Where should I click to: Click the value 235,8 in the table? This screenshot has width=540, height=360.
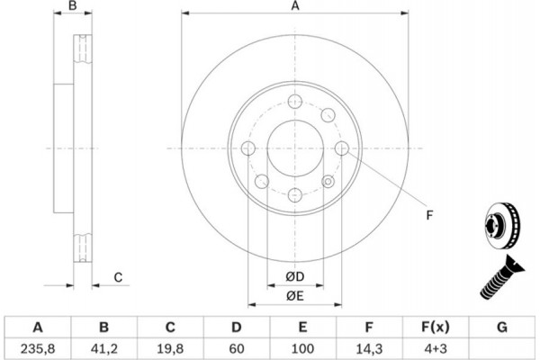(38, 344)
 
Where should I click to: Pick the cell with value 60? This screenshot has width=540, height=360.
(237, 344)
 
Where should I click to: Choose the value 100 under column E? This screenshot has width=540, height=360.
(302, 344)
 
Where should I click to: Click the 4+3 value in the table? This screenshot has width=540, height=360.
(434, 344)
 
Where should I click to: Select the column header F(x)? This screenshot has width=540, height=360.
(434, 325)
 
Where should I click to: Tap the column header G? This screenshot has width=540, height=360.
(500, 325)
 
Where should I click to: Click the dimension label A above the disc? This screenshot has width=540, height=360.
(294, 7)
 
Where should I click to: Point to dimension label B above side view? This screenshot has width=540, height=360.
(74, 7)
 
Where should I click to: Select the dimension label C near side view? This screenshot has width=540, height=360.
(118, 277)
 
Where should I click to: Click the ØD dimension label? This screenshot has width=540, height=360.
(294, 275)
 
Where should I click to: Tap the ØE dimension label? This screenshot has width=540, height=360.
(294, 294)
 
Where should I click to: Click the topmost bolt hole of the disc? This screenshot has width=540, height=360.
(295, 103)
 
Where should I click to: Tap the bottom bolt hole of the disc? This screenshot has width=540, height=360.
(295, 193)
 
